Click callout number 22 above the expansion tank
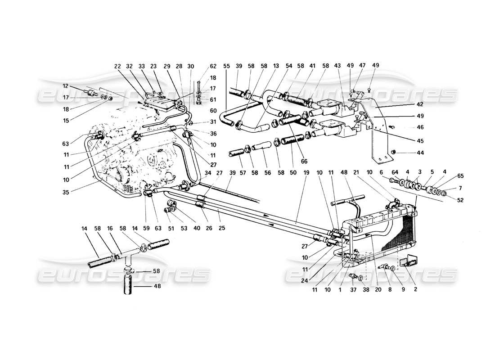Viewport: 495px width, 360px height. [118, 66]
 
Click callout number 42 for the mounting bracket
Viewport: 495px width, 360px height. [421, 103]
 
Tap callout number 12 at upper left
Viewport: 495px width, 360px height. [66, 86]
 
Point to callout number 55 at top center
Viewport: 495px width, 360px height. [226, 66]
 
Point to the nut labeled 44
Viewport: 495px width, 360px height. [395, 153]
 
